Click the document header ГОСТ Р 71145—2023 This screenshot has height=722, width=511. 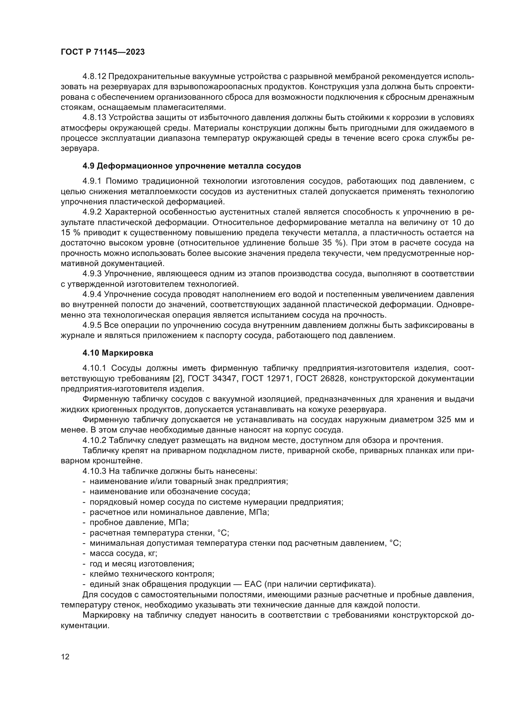(103, 52)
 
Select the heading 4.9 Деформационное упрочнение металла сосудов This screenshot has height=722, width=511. (192, 166)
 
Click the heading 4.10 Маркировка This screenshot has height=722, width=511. (118, 353)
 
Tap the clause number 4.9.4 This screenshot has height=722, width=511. (92, 294)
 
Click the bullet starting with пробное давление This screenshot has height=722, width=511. (139, 523)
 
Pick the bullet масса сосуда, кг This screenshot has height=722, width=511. (123, 553)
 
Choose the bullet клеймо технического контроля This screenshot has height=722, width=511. (152, 574)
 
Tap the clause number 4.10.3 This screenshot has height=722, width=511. (95, 471)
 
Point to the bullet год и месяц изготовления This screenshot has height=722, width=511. (142, 564)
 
